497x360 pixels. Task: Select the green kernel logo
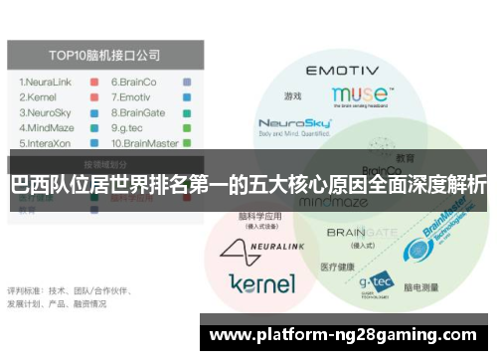260,281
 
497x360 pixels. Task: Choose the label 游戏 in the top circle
291,97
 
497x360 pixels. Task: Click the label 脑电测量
420,287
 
